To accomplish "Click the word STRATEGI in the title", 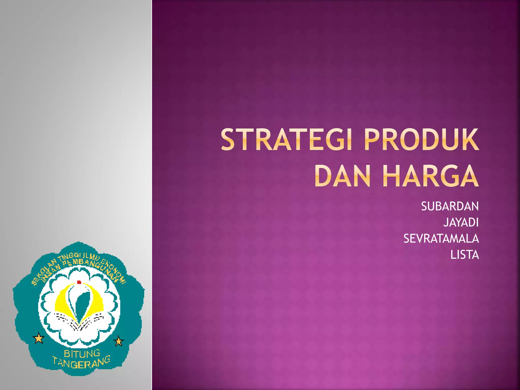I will tap(286, 140).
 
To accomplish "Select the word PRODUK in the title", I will tap(421, 140).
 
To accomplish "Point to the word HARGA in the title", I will tap(430, 176).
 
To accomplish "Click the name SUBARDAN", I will tap(450, 206).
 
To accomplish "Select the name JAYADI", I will tap(461, 222).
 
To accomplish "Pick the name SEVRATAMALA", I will tap(441, 239).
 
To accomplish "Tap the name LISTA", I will tap(464, 255).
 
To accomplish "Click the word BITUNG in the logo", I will tap(82, 354).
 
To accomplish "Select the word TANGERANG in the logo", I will tap(81, 363).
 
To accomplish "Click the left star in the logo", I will tap(39, 338).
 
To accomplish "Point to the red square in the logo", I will tap(79, 282).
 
